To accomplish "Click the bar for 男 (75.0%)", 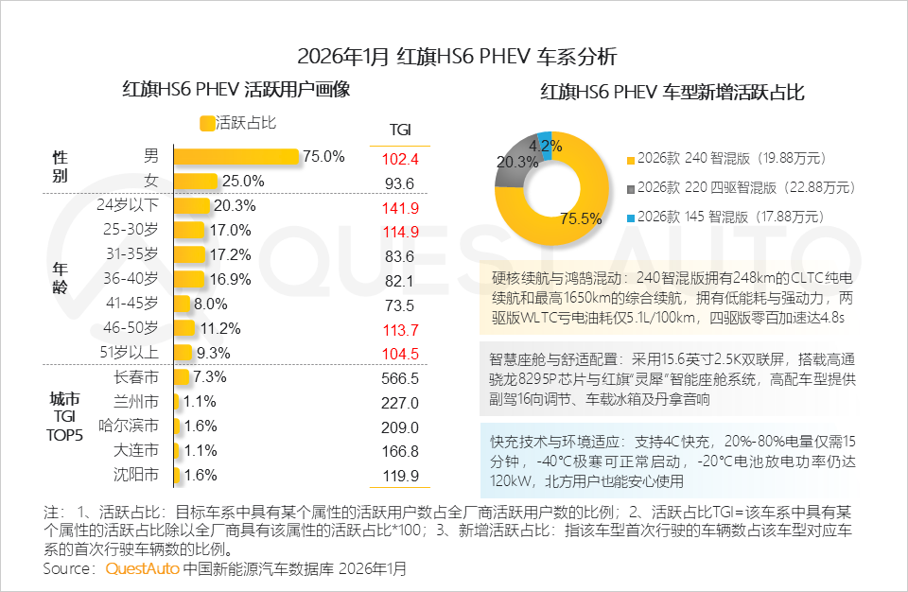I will [236, 156].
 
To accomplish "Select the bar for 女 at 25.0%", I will [196, 181].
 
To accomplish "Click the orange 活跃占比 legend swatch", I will [207, 123].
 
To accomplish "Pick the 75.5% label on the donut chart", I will [581, 219].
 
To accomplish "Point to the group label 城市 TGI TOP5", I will [66, 417].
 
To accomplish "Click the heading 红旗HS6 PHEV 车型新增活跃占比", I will [672, 93].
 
